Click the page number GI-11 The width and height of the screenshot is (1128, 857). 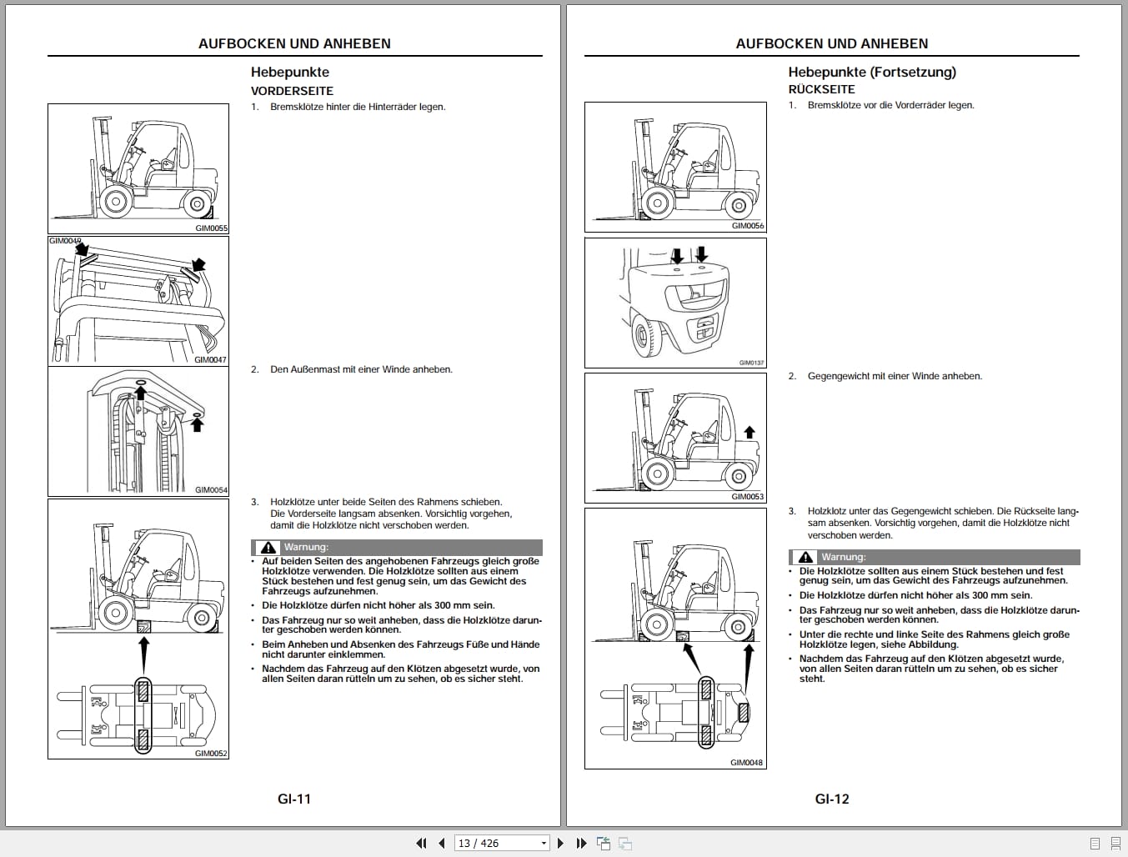(293, 799)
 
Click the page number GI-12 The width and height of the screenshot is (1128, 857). (831, 799)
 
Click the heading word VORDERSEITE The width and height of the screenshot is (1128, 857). (292, 91)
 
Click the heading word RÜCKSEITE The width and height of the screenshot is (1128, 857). (821, 89)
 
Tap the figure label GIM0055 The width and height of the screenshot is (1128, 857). (211, 228)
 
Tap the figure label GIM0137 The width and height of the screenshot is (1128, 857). (751, 363)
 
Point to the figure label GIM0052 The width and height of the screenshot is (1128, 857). (211, 753)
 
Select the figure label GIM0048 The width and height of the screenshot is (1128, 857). (747, 762)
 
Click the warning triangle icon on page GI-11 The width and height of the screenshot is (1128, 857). (268, 548)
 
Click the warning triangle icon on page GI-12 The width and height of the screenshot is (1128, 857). (805, 557)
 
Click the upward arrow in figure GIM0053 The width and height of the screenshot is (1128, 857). (749, 432)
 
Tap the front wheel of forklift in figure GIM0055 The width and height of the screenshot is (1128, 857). (113, 200)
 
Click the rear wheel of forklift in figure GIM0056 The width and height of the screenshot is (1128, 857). (738, 204)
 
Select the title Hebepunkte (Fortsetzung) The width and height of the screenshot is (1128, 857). (871, 72)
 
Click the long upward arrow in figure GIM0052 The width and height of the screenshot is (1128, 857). (143, 654)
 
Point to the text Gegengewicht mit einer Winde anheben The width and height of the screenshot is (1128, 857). (894, 376)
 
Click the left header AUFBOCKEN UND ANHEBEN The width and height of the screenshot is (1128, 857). (294, 43)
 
